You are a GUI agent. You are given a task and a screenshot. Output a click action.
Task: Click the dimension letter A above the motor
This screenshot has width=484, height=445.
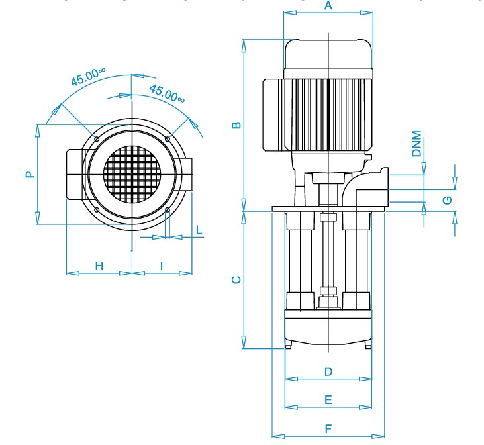(328, 5)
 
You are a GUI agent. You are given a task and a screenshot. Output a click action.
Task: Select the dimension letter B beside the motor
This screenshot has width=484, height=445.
(236, 125)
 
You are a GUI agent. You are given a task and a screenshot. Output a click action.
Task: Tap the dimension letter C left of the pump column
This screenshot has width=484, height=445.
(236, 280)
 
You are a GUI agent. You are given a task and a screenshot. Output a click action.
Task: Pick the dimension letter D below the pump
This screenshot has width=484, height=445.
(328, 371)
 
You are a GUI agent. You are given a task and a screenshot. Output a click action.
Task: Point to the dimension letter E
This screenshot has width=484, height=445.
(328, 400)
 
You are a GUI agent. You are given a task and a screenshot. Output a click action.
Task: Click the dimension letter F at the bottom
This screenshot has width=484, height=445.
(328, 428)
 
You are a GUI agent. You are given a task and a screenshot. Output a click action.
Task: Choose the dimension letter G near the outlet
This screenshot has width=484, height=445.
(448, 200)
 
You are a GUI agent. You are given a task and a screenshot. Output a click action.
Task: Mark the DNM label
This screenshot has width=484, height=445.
(416, 144)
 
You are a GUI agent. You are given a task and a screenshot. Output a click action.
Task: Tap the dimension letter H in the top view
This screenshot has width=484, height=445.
(99, 266)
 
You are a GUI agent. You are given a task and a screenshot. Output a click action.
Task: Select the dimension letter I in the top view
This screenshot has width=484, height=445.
(162, 266)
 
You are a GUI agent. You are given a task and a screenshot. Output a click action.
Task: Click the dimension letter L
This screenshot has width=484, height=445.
(199, 230)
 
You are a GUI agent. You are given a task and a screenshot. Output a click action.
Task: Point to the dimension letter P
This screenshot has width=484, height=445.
(30, 174)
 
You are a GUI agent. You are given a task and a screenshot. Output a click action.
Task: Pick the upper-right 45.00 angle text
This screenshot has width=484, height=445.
(167, 93)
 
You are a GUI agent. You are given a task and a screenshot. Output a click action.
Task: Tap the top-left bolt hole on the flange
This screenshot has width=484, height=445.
(97, 139)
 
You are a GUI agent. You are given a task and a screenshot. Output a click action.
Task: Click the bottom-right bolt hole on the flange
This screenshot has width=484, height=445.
(168, 210)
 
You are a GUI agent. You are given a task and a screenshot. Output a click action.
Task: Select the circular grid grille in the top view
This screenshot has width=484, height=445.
(132, 174)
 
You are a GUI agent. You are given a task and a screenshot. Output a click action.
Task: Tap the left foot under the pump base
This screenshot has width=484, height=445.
(288, 344)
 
